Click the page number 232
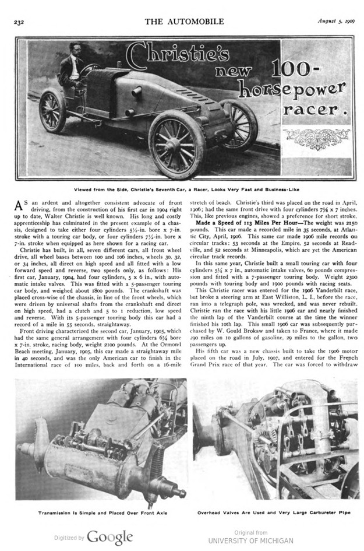[18, 22]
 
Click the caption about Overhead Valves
[277, 514]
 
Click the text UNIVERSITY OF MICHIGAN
[251, 541]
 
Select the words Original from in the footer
[251, 532]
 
